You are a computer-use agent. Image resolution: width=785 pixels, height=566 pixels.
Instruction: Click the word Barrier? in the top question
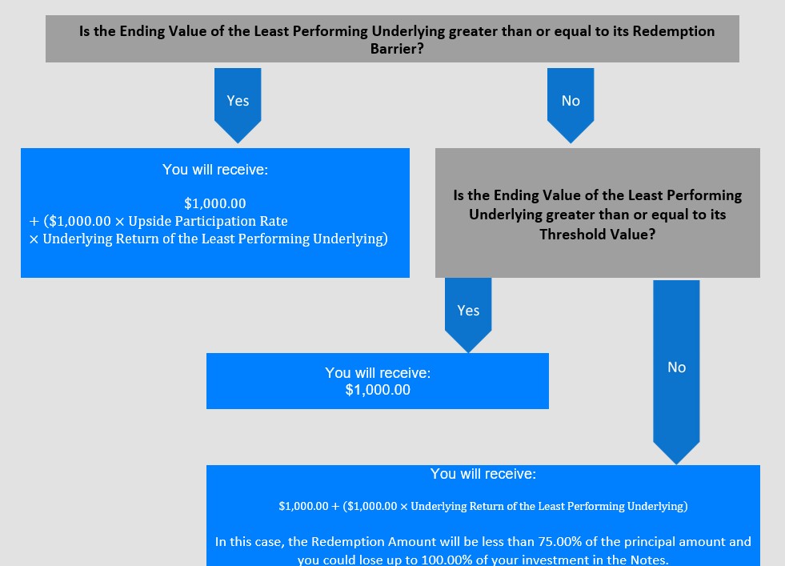[397, 49]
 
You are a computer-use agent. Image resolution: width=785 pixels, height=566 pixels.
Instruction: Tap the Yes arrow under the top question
[238, 105]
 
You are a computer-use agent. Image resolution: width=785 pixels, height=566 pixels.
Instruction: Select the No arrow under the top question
[571, 105]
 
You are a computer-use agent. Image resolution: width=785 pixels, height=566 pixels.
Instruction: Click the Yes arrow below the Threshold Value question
[468, 315]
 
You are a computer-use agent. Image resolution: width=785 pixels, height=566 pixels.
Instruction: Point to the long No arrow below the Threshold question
[676, 371]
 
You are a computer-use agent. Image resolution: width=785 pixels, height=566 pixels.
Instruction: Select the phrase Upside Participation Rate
[208, 221]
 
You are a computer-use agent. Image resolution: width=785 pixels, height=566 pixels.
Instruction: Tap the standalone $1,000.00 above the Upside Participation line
[215, 203]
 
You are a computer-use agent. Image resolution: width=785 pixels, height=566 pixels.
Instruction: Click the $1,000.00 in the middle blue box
[378, 390]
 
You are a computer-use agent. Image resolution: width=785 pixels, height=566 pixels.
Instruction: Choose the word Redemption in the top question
[673, 31]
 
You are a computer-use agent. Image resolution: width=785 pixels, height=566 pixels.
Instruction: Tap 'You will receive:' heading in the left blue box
[215, 170]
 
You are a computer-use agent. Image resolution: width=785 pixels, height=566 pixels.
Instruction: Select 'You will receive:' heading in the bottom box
[483, 474]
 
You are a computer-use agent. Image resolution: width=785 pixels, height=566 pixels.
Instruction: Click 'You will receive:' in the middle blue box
[378, 372]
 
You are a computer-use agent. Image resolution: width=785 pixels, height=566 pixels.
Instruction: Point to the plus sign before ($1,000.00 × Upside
[34, 222]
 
